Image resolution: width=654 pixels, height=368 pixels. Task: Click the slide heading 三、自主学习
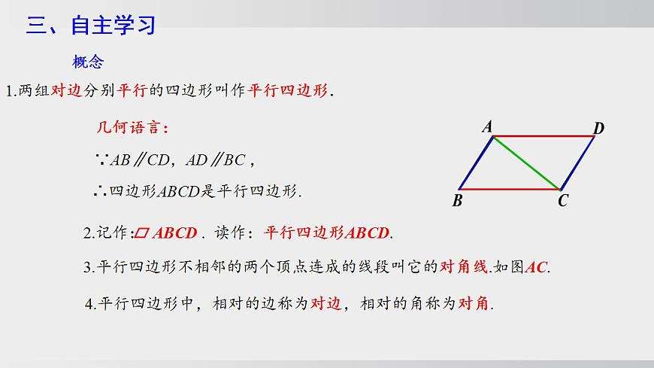pyautogui.click(x=91, y=26)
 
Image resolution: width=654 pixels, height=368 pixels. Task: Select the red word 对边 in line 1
pyautogui.click(x=67, y=92)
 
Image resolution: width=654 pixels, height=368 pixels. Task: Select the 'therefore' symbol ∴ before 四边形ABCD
pyautogui.click(x=101, y=191)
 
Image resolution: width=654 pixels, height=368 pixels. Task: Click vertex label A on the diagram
pyautogui.click(x=487, y=127)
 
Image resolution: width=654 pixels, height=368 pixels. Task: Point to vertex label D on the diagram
pyautogui.click(x=598, y=129)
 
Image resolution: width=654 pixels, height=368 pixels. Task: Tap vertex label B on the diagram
pyautogui.click(x=457, y=201)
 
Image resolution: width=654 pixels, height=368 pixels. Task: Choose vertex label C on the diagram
pyautogui.click(x=562, y=202)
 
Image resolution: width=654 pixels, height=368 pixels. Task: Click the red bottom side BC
pyautogui.click(x=510, y=189)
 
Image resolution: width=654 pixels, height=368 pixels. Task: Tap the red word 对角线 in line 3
pyautogui.click(x=464, y=266)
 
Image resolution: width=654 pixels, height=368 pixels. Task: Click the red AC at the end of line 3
pyautogui.click(x=537, y=266)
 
